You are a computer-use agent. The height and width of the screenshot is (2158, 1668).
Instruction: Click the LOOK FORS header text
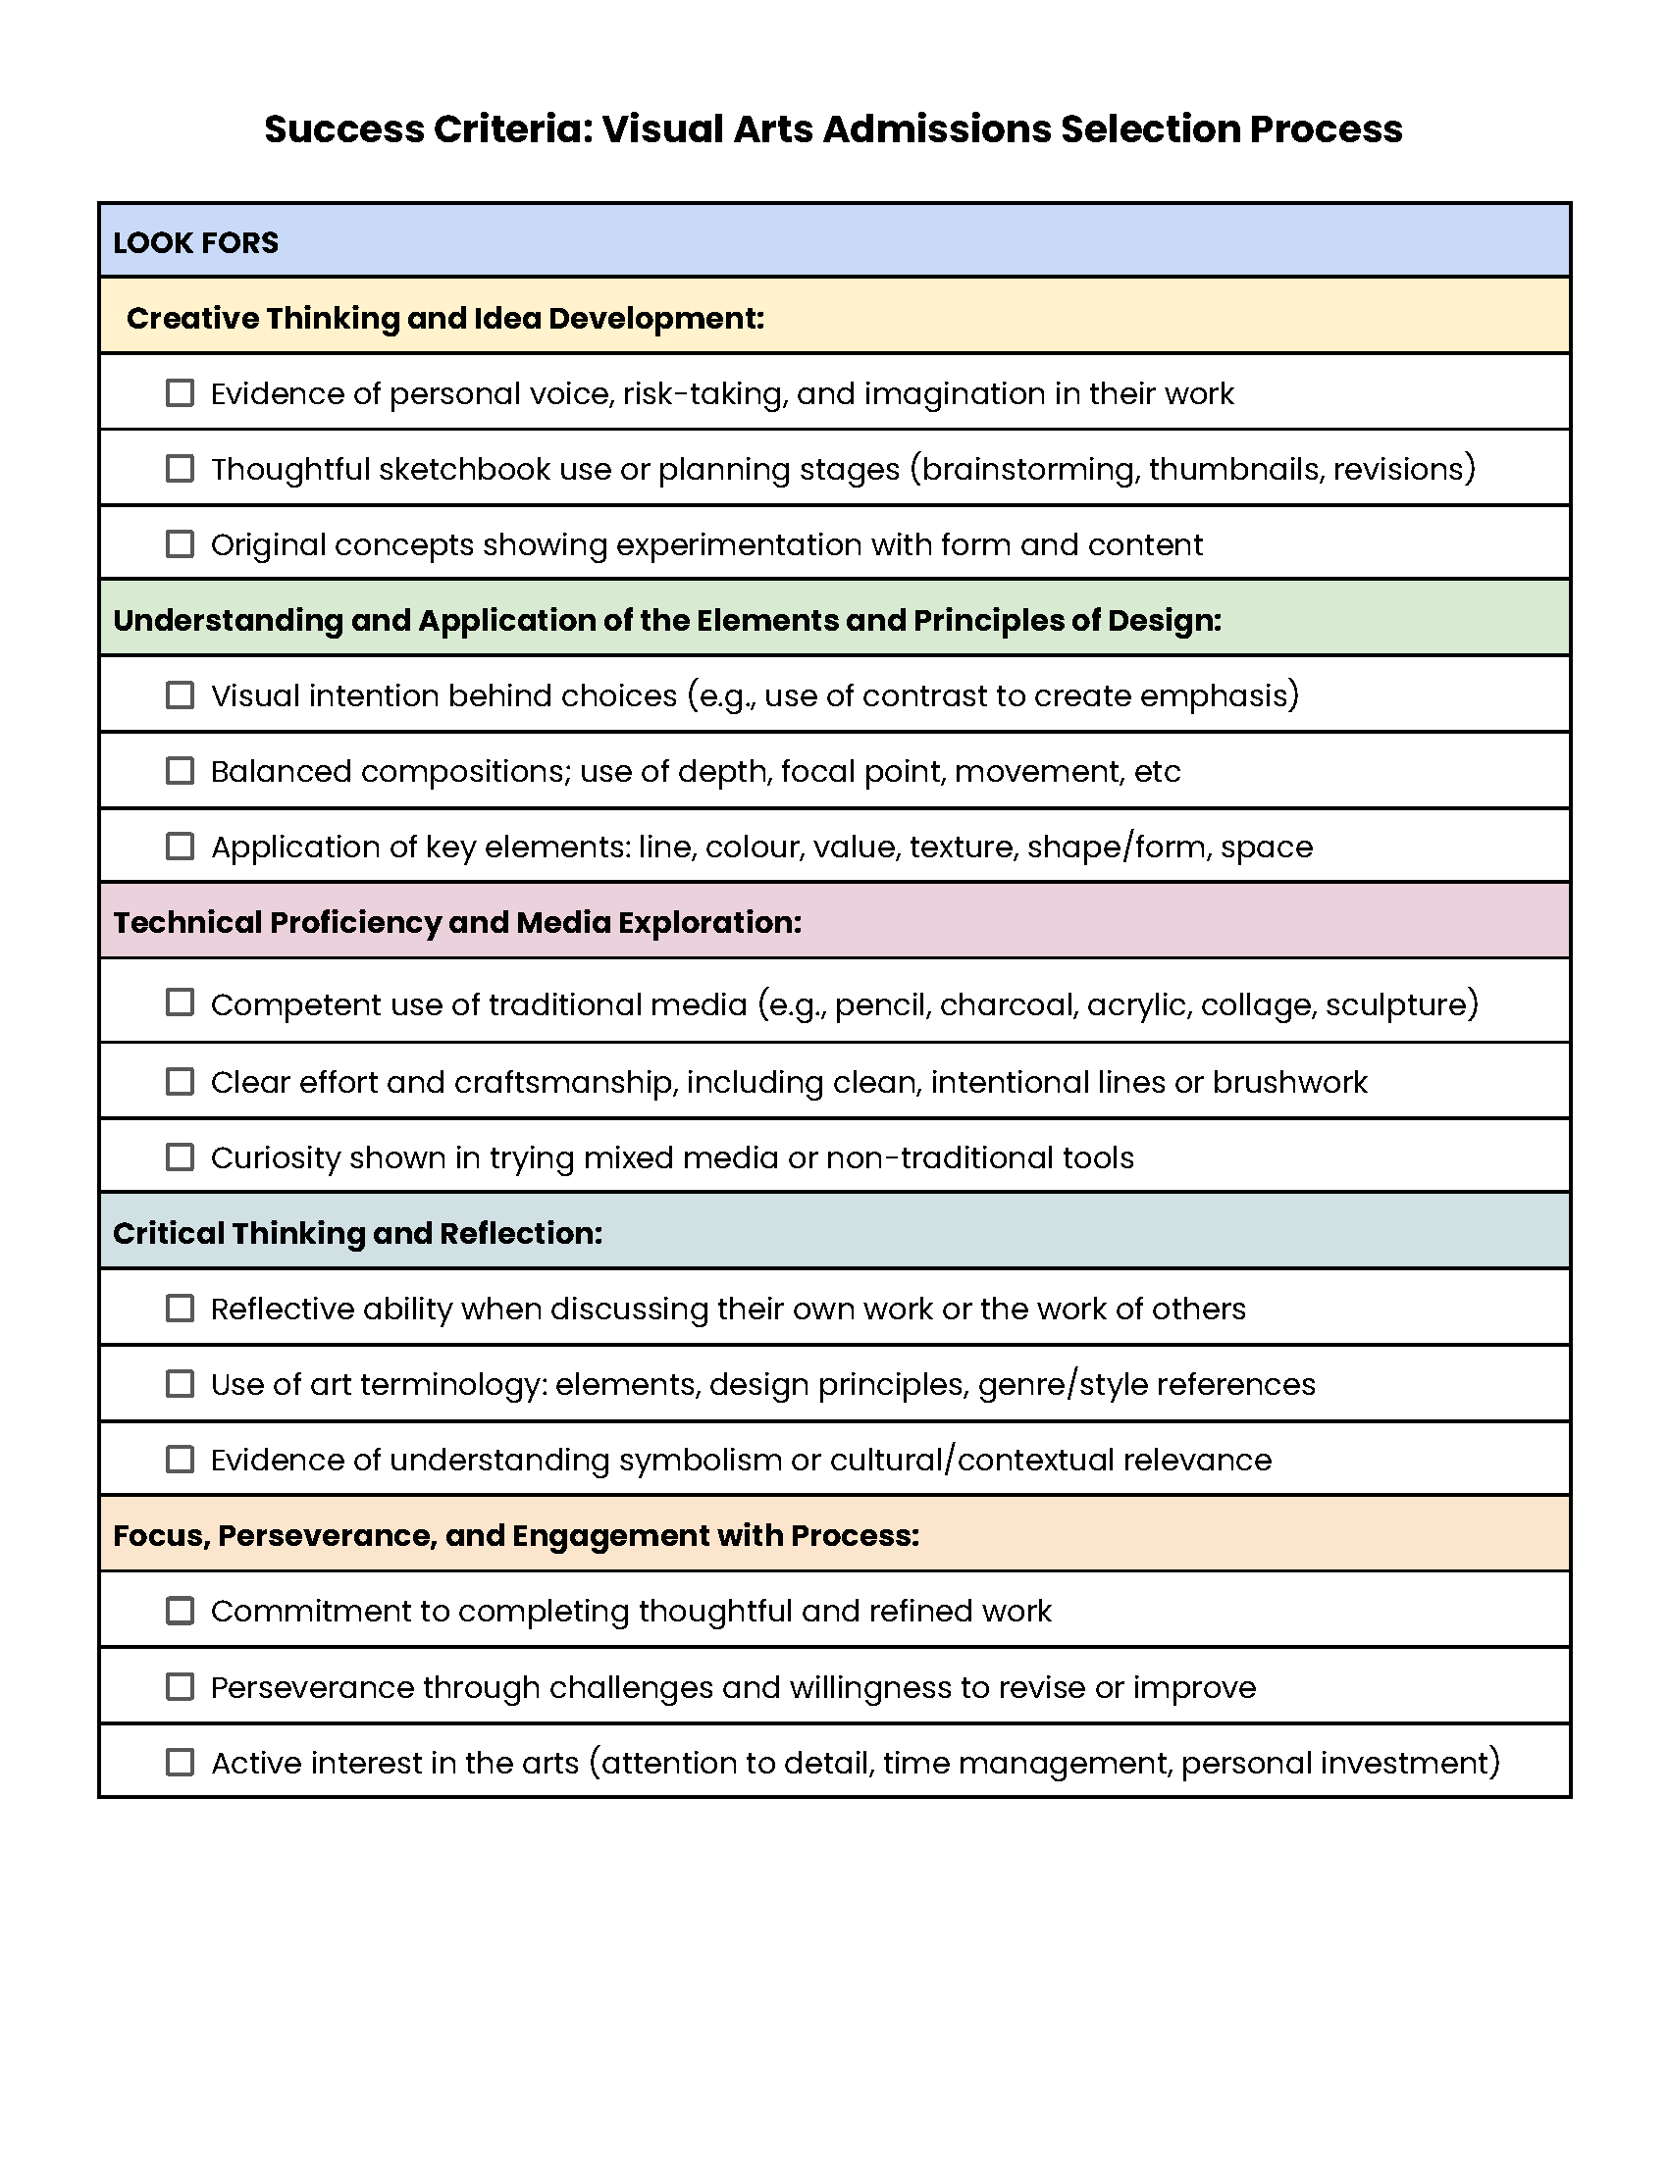tap(195, 242)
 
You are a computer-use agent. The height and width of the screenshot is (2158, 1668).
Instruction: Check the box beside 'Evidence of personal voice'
tap(180, 393)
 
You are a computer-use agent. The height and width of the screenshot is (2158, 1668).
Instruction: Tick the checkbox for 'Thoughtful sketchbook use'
tap(180, 468)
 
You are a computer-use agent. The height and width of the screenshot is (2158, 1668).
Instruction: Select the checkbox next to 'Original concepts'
tap(180, 544)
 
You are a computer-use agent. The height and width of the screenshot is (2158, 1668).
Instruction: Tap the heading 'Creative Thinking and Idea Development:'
tap(444, 318)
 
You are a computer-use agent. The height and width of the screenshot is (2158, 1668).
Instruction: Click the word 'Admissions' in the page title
tap(936, 129)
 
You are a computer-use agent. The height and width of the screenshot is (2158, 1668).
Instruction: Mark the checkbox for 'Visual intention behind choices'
tap(180, 695)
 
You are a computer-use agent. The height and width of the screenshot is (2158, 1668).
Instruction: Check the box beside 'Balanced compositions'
tap(180, 771)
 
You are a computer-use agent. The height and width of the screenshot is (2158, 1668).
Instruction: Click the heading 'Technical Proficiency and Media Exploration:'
tap(456, 922)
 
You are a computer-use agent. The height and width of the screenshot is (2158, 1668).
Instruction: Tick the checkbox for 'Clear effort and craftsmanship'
tap(180, 1082)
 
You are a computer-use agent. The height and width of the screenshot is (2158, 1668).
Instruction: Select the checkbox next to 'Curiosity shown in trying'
tap(180, 1157)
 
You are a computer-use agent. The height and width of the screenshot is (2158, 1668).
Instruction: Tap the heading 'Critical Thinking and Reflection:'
tap(357, 1233)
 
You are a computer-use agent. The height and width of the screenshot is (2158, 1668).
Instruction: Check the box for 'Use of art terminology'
tap(180, 1384)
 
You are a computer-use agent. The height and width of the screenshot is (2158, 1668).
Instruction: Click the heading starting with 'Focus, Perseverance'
tap(516, 1535)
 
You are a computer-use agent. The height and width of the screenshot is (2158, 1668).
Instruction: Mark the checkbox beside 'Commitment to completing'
tap(180, 1611)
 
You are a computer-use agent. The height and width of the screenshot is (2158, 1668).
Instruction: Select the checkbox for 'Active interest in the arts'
tap(180, 1763)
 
